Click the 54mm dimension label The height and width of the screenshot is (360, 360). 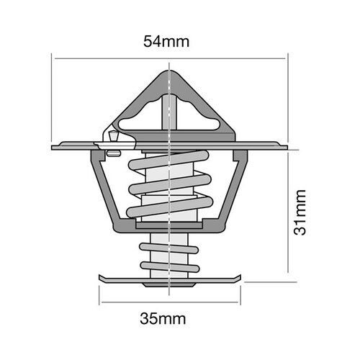point(167,41)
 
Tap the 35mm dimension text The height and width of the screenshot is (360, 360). point(166,318)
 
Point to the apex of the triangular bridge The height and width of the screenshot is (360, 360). point(168,70)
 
